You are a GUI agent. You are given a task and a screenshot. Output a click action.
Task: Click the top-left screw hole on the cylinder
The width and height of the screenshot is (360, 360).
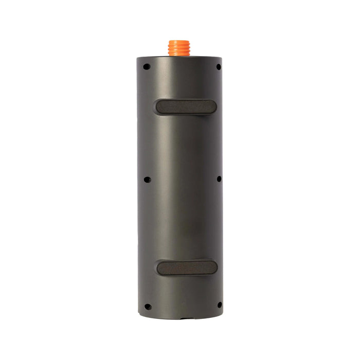147,66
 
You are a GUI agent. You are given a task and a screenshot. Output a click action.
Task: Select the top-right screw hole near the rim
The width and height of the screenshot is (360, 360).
219,67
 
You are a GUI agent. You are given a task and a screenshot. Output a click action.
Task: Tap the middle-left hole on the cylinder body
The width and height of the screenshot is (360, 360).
147,179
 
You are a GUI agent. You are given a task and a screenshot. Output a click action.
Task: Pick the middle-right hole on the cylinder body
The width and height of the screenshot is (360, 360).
219,179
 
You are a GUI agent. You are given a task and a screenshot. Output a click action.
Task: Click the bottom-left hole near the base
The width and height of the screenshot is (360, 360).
147,307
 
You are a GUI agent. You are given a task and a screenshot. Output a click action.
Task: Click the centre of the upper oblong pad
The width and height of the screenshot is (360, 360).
185,106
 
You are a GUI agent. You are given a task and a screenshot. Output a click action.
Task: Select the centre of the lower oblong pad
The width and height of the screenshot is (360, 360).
186,267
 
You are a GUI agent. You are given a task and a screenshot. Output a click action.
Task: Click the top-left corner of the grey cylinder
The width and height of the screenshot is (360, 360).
138,57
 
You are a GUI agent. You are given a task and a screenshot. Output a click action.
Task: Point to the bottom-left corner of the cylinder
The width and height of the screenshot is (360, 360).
139,313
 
